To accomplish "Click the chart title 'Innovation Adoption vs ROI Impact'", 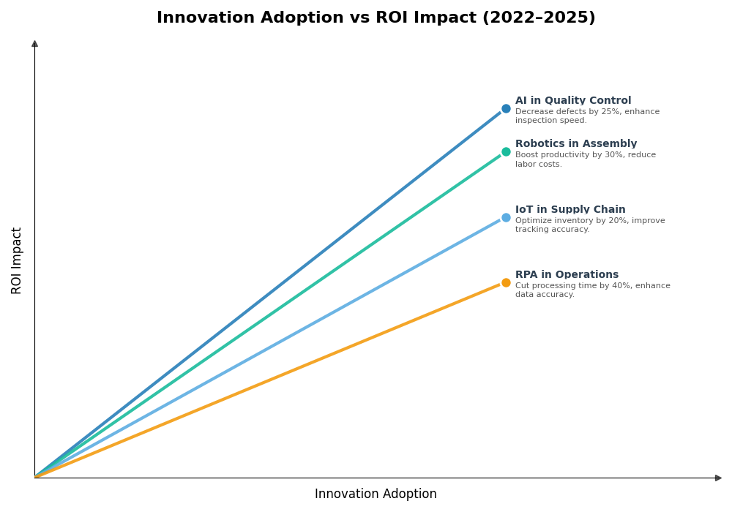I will [x=318, y=18].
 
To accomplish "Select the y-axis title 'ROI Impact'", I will [x=17, y=260].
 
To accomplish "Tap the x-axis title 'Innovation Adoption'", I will [x=376, y=494].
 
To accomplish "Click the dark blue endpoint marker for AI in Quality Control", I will [x=506, y=109].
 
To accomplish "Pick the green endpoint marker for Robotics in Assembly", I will [x=506, y=152].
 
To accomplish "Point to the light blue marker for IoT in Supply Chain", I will [x=506, y=217].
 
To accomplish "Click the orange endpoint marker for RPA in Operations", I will [x=506, y=282].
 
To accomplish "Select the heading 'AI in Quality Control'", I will [x=572, y=101].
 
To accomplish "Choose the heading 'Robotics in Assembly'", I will [x=575, y=144].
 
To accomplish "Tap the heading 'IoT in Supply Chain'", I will [x=570, y=210].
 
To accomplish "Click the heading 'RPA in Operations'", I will [x=567, y=275].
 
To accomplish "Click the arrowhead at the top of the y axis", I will [x=34, y=44].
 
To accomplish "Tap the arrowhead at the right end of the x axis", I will [x=718, y=478].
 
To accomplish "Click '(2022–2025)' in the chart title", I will [x=538, y=18].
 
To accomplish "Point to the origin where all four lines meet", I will [x=35, y=477].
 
